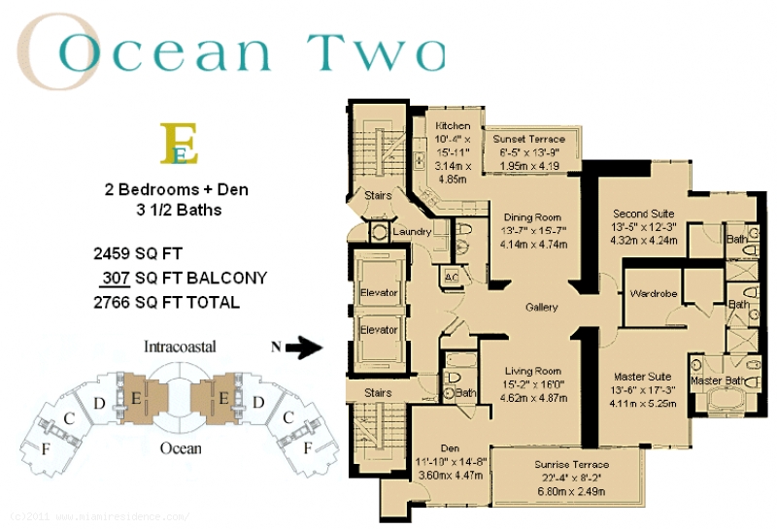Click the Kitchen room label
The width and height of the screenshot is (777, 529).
pyautogui.click(x=453, y=126)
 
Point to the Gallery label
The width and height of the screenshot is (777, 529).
pyautogui.click(x=541, y=308)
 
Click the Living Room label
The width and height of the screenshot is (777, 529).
pyautogui.click(x=533, y=371)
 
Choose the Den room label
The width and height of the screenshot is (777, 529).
pyautogui.click(x=449, y=447)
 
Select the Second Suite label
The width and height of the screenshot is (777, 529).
pyautogui.click(x=644, y=214)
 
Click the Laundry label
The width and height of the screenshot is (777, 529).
pyautogui.click(x=413, y=232)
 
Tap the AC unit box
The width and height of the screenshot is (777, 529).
pyautogui.click(x=451, y=275)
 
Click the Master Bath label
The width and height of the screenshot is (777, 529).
pyautogui.click(x=720, y=380)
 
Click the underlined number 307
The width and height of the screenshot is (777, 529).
pyautogui.click(x=116, y=279)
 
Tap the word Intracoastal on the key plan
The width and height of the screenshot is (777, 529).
pyautogui.click(x=179, y=346)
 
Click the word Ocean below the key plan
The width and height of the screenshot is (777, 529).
pyautogui.click(x=180, y=447)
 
